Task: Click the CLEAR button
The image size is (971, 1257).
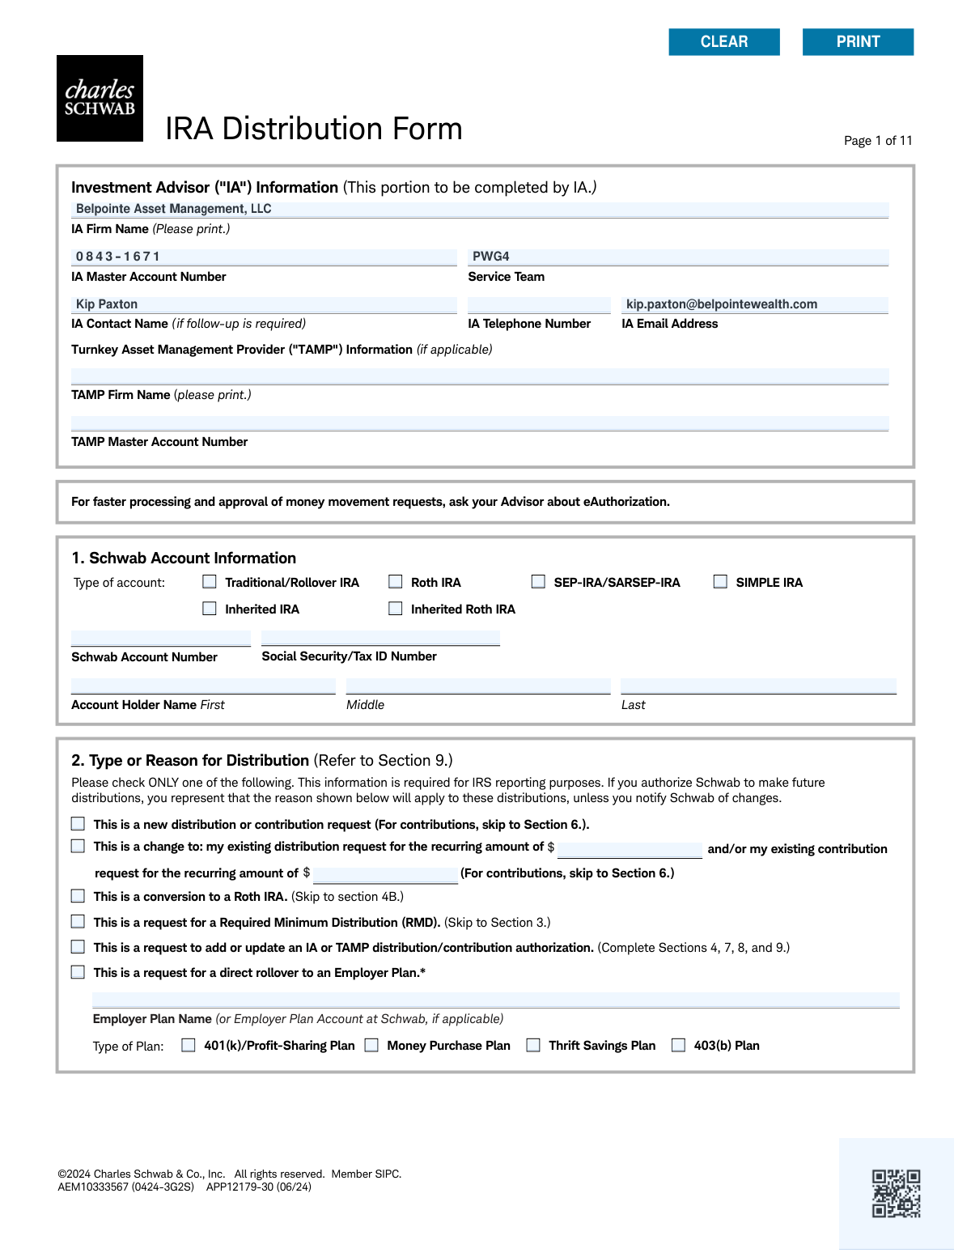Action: click(x=724, y=42)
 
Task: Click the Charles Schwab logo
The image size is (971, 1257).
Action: click(x=100, y=99)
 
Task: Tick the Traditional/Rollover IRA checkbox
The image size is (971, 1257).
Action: click(x=210, y=582)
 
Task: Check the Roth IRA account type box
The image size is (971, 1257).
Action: click(x=396, y=582)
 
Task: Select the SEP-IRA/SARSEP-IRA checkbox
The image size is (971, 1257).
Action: click(x=538, y=582)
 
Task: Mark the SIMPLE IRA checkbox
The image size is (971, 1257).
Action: click(x=720, y=582)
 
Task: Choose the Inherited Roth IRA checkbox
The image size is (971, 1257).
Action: click(x=396, y=609)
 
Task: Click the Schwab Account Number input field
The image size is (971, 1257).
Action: click(x=160, y=639)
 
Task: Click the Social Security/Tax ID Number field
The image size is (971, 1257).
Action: click(x=380, y=639)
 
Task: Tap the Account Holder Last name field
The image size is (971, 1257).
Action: click(x=758, y=686)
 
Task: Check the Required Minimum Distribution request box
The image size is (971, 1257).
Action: click(x=78, y=922)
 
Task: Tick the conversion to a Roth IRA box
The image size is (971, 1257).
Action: click(x=78, y=896)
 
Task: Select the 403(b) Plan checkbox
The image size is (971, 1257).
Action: click(x=679, y=1045)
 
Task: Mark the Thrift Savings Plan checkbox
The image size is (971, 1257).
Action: click(x=533, y=1045)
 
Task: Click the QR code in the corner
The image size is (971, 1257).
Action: click(x=896, y=1193)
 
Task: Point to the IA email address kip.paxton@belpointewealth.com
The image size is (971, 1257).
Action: click(x=722, y=304)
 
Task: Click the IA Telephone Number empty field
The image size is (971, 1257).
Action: click(x=539, y=305)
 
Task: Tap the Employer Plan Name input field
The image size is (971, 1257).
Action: click(x=495, y=1000)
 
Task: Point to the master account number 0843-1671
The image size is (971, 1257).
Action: click(x=118, y=257)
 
